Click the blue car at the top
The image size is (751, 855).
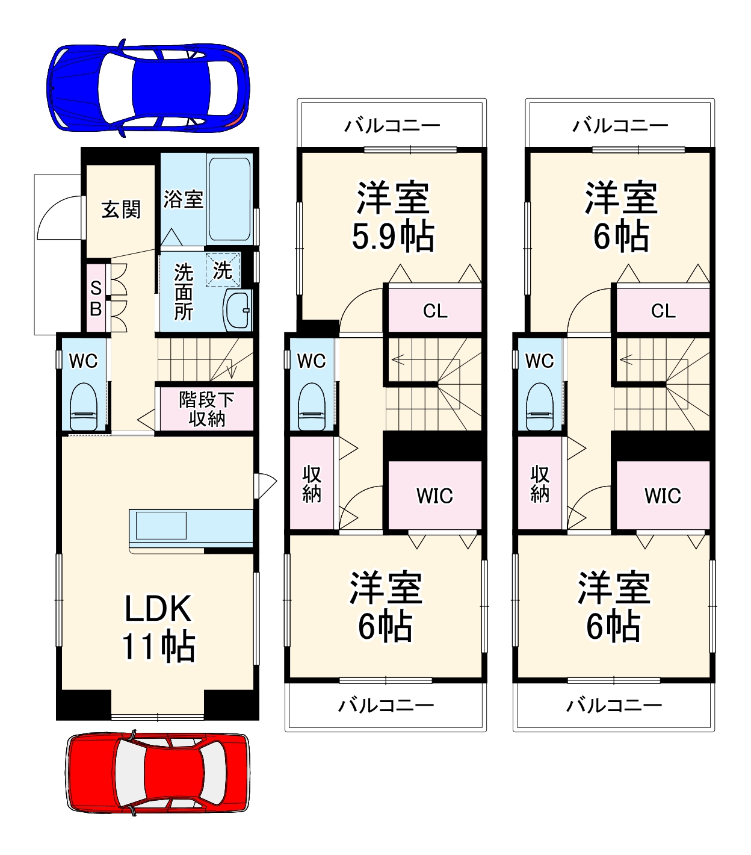click(x=148, y=88)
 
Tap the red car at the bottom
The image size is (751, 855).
click(x=157, y=773)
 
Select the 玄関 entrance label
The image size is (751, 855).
click(x=121, y=210)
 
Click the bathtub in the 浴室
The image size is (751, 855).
click(x=229, y=199)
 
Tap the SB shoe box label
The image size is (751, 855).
click(x=96, y=299)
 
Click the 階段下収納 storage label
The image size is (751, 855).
click(x=206, y=409)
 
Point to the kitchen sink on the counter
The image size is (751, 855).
click(x=161, y=525)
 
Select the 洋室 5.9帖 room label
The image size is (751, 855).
click(x=392, y=216)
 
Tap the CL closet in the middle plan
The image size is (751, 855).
click(x=434, y=311)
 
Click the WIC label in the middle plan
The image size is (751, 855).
click(x=434, y=496)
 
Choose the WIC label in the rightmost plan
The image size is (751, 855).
click(x=663, y=496)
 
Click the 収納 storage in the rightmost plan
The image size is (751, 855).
click(x=540, y=483)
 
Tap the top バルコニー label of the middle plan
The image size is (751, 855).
click(x=392, y=126)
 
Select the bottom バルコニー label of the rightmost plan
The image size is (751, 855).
click(x=614, y=705)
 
